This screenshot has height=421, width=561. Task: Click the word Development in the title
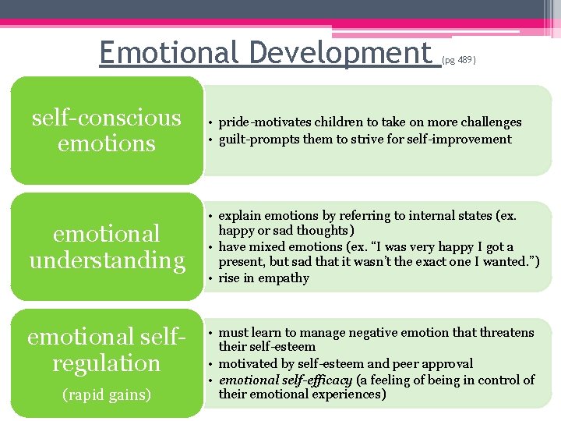[x=341, y=52]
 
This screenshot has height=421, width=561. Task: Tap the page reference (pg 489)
[x=458, y=59]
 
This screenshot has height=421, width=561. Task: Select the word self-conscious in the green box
[x=106, y=118]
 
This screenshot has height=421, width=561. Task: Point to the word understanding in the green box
[x=107, y=260]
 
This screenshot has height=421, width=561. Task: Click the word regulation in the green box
[x=107, y=363]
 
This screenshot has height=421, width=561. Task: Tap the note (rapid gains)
[x=107, y=394]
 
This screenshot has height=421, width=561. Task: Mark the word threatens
[x=506, y=333]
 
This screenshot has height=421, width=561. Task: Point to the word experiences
[x=348, y=394]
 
